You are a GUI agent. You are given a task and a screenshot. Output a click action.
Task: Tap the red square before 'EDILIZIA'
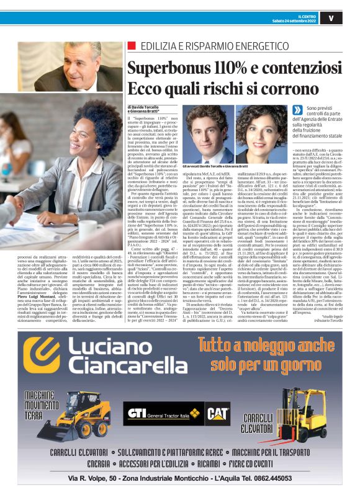[130, 46]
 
